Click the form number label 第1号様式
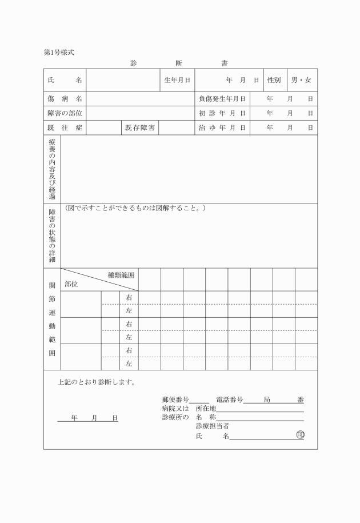point(59,53)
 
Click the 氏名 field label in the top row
point(65,80)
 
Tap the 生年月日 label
point(177,80)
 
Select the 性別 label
point(274,80)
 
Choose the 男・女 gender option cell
point(301,80)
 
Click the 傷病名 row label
point(65,99)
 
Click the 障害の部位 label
point(65,113)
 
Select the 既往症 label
point(65,127)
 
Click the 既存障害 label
point(140,127)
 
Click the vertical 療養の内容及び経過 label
point(52,169)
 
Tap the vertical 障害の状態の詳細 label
point(52,235)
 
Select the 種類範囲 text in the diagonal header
point(121,275)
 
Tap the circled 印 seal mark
point(300,436)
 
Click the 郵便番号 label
point(175,400)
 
